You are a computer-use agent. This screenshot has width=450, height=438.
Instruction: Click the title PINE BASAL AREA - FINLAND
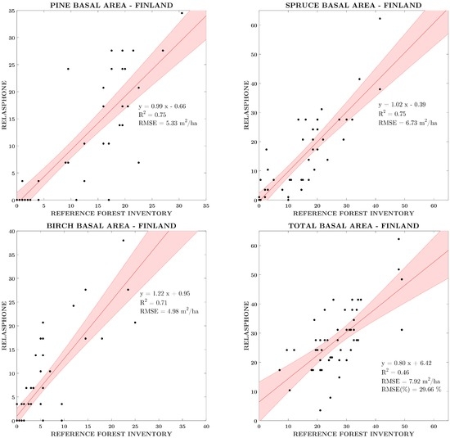111,5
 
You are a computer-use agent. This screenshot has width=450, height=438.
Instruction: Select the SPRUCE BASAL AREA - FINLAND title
353,5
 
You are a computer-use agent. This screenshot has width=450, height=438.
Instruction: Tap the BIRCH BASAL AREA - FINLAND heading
111,226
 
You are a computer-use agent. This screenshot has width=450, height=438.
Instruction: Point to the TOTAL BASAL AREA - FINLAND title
353,226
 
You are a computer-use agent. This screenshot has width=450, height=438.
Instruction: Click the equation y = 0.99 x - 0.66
162,106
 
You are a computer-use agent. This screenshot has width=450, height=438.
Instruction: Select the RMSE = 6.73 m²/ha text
407,123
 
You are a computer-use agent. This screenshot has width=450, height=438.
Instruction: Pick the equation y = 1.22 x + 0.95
164,294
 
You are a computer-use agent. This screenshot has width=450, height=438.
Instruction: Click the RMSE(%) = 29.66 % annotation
411,390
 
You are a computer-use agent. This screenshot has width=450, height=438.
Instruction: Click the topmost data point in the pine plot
182,13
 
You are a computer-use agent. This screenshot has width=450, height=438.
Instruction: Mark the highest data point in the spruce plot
380,18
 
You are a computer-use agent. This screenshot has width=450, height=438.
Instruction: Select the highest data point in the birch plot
124,241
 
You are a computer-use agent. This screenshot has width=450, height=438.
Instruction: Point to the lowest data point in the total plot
320,410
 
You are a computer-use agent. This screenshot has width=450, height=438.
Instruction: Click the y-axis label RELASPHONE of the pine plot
4,105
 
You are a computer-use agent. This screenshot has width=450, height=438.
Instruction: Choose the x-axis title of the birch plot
111,434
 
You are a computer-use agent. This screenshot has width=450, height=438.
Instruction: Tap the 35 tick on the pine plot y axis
11,11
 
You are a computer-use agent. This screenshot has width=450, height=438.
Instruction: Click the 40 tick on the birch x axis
205,427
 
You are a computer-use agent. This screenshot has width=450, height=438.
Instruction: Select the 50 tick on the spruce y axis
254,54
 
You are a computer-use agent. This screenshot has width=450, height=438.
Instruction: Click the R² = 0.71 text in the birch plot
153,302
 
